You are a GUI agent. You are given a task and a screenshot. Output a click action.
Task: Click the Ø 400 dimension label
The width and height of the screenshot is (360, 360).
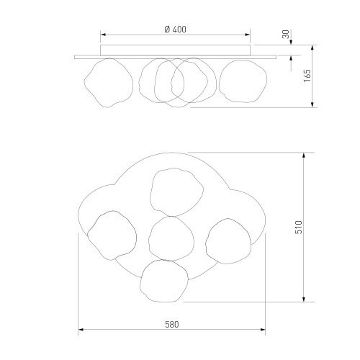(175, 30)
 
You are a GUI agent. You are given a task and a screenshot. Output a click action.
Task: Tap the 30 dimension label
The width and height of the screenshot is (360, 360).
(286, 35)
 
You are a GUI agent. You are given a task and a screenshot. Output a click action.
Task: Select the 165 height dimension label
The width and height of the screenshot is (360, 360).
(307, 76)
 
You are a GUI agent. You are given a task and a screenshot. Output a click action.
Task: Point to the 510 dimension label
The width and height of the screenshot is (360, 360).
(299, 227)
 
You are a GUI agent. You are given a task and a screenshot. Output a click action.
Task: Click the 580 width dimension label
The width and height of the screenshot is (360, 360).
(172, 325)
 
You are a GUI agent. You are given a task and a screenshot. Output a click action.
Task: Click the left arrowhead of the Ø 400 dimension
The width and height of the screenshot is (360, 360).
(103, 35)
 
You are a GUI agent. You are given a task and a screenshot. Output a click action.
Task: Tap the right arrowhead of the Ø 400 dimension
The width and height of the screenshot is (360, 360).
(248, 35)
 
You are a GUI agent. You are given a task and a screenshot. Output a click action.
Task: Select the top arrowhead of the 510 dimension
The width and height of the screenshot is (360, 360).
(304, 156)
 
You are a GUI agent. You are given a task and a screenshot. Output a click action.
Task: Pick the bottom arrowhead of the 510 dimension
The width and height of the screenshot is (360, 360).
(304, 299)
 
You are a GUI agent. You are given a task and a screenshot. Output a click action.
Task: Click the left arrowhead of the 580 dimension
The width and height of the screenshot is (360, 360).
(81, 330)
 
